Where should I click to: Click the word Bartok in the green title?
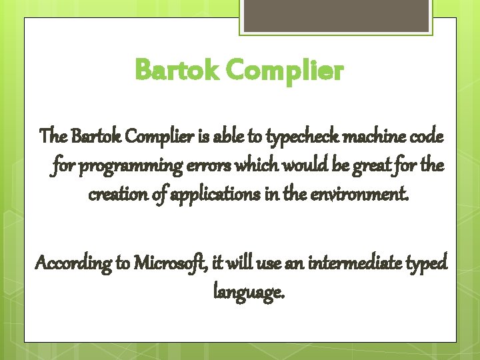(177, 69)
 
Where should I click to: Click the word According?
(73, 263)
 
